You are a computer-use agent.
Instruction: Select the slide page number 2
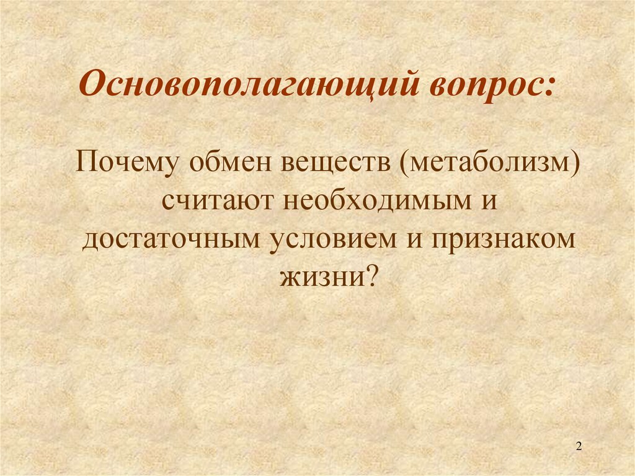click(x=579, y=446)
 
